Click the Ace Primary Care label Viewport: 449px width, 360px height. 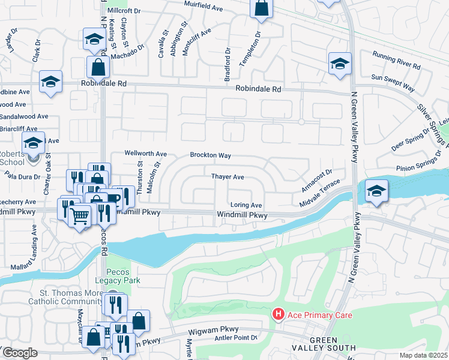tap(319, 315)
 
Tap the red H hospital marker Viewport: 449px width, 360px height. tap(278, 314)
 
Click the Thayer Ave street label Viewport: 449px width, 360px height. tap(228, 177)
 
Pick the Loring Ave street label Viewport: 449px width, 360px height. tap(247, 205)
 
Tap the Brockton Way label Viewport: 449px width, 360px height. tap(211, 155)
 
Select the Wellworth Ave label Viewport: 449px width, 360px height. tap(145, 154)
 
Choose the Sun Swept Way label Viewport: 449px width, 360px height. tap(393, 83)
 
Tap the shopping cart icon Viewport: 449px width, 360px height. tap(80, 215)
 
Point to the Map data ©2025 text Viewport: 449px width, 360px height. tap(423, 355)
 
